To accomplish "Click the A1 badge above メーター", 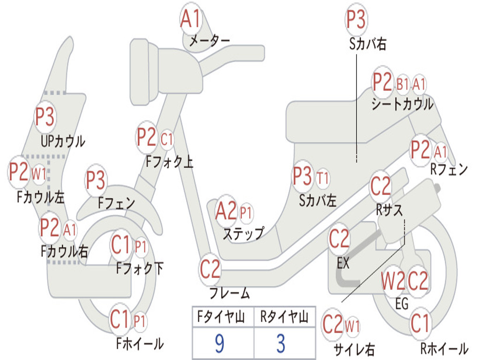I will [x=191, y=20].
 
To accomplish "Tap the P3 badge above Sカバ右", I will [x=356, y=20].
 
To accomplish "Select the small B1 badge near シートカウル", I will [x=403, y=84].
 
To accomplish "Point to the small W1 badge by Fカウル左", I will [x=39, y=174].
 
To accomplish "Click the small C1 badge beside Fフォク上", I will [x=167, y=139].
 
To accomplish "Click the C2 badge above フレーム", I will [x=210, y=270].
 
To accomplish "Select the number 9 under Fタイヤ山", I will [x=219, y=344].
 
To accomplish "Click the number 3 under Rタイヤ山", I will [x=280, y=344].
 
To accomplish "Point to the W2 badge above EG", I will [x=393, y=281].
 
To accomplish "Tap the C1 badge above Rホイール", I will [x=420, y=323].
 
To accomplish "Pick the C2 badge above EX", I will [x=339, y=240].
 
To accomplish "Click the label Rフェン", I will [x=449, y=170].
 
